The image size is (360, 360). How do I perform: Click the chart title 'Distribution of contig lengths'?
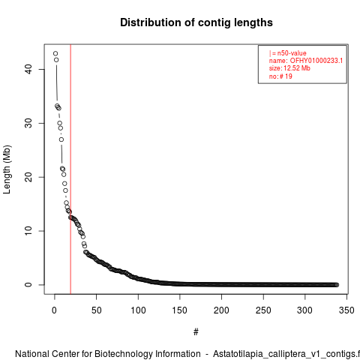pos(196,22)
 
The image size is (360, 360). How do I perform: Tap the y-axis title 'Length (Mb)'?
pos(7,169)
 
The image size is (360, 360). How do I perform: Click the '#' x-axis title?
pos(196,332)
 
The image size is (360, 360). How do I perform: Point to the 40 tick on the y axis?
pos(28,69)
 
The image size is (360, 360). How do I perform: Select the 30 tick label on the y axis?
pos(28,123)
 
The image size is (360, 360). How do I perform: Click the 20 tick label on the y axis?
pos(28,177)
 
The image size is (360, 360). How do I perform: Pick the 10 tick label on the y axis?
pos(28,231)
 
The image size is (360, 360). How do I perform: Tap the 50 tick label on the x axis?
pos(96,310)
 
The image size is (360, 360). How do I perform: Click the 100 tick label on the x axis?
pos(138,310)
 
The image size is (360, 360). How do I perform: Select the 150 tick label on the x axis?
pos(180,310)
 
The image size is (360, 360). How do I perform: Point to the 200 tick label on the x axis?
pos(221,310)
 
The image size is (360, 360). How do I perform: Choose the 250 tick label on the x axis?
pos(263,310)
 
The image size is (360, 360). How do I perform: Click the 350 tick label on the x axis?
pos(346,310)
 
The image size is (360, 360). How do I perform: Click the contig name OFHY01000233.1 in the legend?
pos(316,61)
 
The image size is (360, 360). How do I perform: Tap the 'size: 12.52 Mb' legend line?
pos(289,68)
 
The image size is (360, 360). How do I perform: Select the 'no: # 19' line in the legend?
pos(280,76)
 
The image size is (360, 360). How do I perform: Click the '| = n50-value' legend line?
pos(288,53)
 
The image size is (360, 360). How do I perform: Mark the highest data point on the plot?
pos(55,53)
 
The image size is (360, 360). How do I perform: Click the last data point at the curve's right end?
pos(337,285)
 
